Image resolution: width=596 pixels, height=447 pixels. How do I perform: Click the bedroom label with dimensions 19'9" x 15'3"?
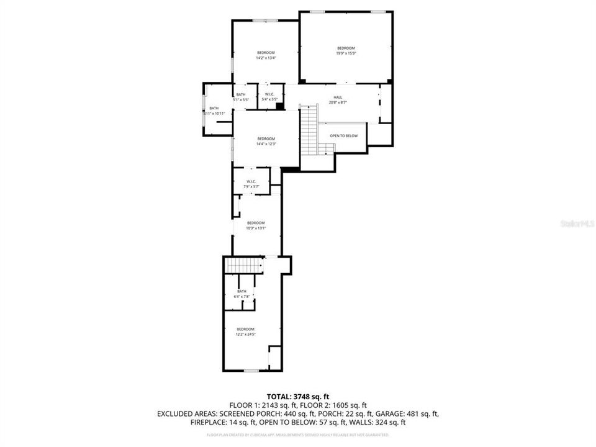point(346,51)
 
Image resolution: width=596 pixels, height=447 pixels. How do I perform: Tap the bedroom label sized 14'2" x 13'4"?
point(266,55)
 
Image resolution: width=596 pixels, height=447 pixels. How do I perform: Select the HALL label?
point(338,99)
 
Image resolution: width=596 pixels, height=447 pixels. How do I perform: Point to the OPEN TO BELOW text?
point(343,135)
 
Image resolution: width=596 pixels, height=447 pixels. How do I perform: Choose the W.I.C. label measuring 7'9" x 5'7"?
point(251,184)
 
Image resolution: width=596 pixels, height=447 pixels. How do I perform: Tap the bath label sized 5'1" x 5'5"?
point(241,96)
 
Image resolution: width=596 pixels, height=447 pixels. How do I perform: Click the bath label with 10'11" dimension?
point(214,111)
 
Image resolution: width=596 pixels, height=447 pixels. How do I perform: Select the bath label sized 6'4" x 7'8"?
point(242,294)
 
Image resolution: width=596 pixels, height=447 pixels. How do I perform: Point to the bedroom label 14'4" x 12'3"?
point(266,141)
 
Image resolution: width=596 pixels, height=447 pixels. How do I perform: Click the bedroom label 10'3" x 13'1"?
point(256,225)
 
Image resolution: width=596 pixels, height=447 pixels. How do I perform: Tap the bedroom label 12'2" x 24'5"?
point(245,332)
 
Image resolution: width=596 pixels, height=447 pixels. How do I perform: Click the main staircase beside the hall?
point(309,132)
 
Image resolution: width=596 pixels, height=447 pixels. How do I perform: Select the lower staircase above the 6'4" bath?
point(243,265)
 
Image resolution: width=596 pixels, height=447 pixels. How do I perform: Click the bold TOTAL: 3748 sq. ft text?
point(298,395)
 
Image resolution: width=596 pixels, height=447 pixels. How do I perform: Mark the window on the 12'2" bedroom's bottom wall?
point(251,371)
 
